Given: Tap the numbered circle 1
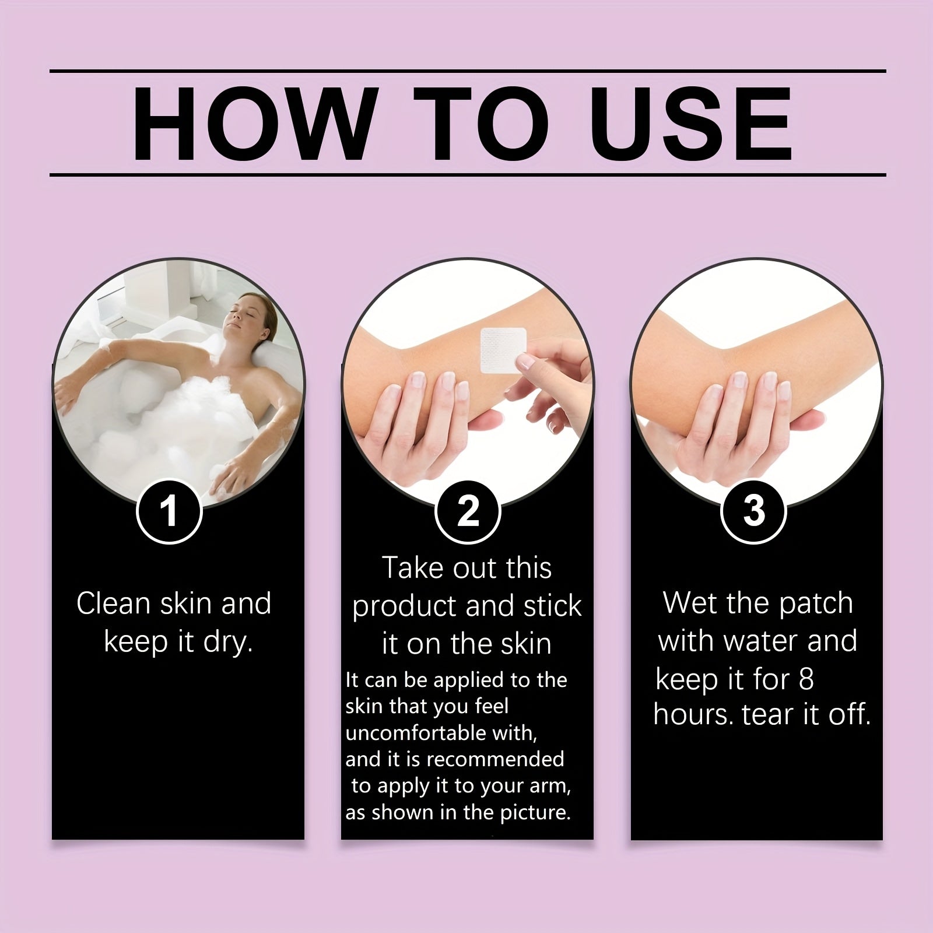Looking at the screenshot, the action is (169, 511).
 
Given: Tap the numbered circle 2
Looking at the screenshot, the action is (468, 511).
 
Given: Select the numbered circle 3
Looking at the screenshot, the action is (754, 511).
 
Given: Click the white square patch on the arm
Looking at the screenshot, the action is (503, 350).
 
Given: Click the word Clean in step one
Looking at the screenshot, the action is (114, 604).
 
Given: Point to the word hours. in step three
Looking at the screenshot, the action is (693, 715).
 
